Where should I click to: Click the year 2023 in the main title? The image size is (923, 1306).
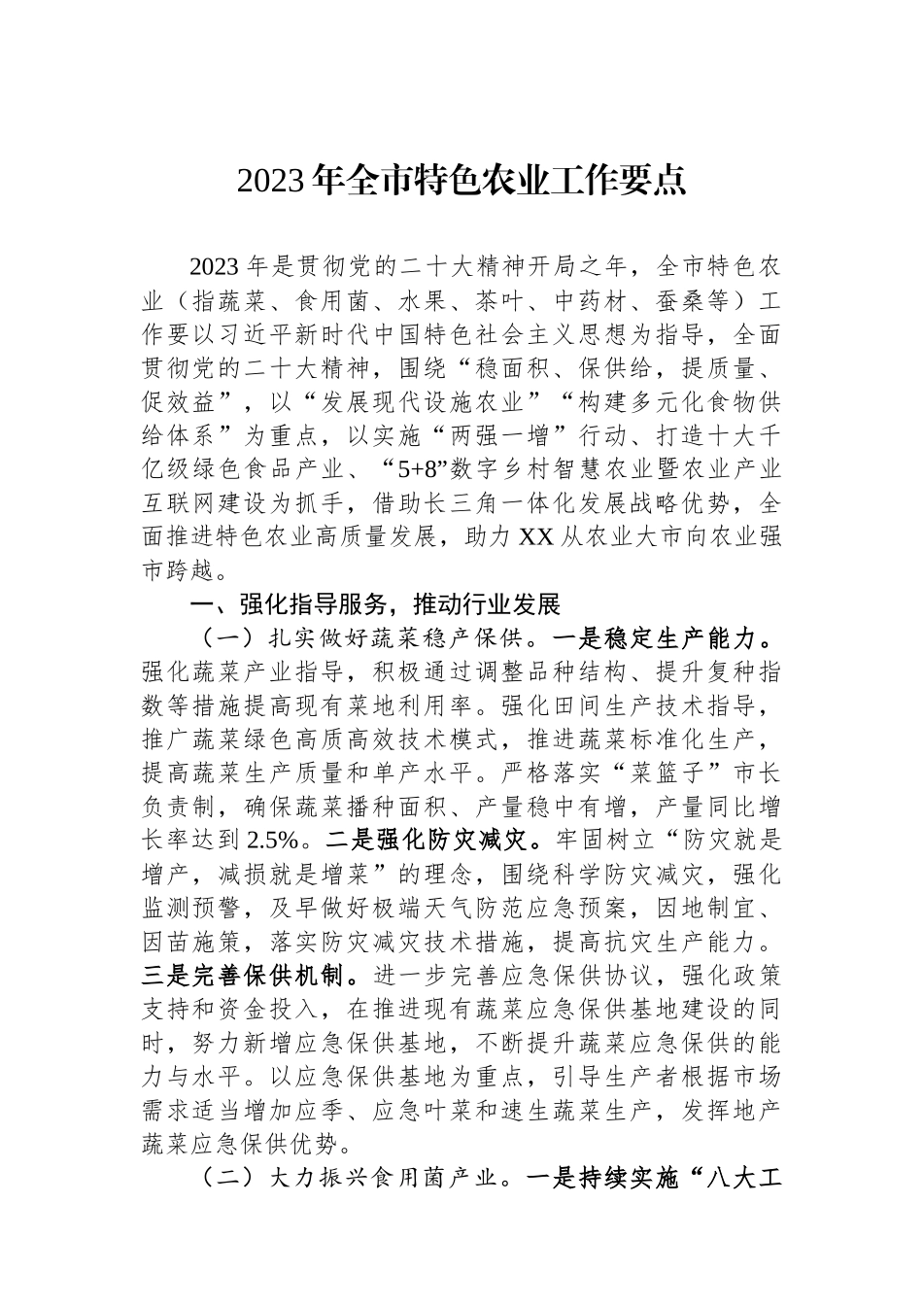(x=275, y=181)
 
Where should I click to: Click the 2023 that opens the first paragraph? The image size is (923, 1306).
(x=214, y=266)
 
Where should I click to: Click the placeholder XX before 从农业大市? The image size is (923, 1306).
(x=537, y=537)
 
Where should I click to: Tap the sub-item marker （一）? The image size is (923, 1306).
(x=226, y=639)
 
